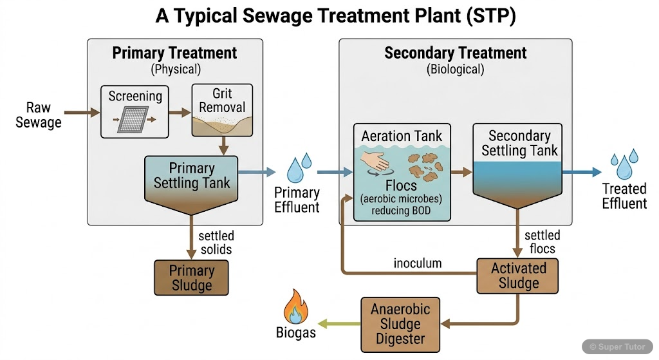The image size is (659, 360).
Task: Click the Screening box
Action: tap(135, 111)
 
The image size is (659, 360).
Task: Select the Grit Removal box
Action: tap(222, 111)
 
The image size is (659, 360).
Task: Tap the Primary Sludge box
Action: tap(191, 278)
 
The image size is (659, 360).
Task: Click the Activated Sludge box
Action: tap(518, 276)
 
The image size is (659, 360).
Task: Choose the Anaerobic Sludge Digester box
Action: tap(400, 324)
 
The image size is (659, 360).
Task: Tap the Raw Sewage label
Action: tap(39, 115)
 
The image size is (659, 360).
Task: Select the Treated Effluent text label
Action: tap(624, 196)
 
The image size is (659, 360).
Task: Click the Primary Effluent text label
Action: tap(297, 200)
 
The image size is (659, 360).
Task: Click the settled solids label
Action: tap(216, 242)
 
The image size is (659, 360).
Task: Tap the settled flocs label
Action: tap(542, 242)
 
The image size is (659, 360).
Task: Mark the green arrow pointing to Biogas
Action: tap(339, 323)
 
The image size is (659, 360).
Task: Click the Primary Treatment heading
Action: tap(174, 53)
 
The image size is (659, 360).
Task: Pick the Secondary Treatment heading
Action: tap(455, 53)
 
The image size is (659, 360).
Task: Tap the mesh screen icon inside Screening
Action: tap(136, 120)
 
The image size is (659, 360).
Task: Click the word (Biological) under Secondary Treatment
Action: tap(455, 69)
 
